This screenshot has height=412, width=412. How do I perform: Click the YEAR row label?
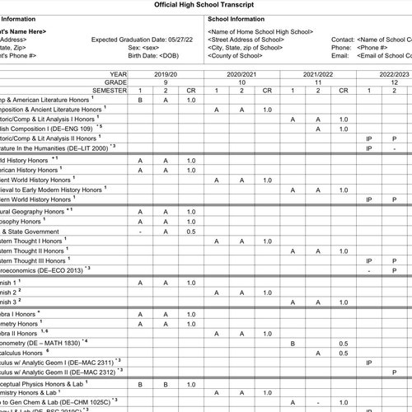click(119, 73)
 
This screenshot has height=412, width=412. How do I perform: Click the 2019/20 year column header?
click(165, 73)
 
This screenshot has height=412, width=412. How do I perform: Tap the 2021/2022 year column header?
click(318, 73)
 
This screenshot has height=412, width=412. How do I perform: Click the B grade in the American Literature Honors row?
click(140, 100)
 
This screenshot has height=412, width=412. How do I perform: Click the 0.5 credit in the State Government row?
click(191, 232)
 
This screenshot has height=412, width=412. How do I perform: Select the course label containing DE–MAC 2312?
click(58, 371)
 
